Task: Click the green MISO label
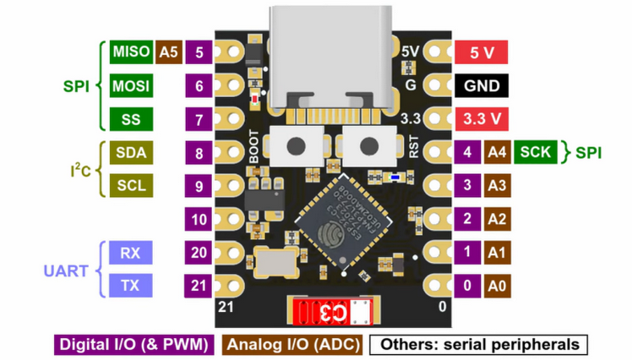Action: click(130, 52)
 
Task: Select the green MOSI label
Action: click(130, 85)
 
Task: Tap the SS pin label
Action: click(130, 119)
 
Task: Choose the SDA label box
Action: click(130, 153)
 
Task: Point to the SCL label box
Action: click(130, 186)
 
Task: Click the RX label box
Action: click(130, 253)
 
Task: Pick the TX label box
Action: click(130, 286)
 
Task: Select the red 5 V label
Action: click(482, 52)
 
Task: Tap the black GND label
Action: click(482, 85)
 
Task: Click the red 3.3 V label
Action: click(482, 119)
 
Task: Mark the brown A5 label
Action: click(168, 52)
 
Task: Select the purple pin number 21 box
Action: click(199, 286)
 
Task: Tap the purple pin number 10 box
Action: click(199, 220)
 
